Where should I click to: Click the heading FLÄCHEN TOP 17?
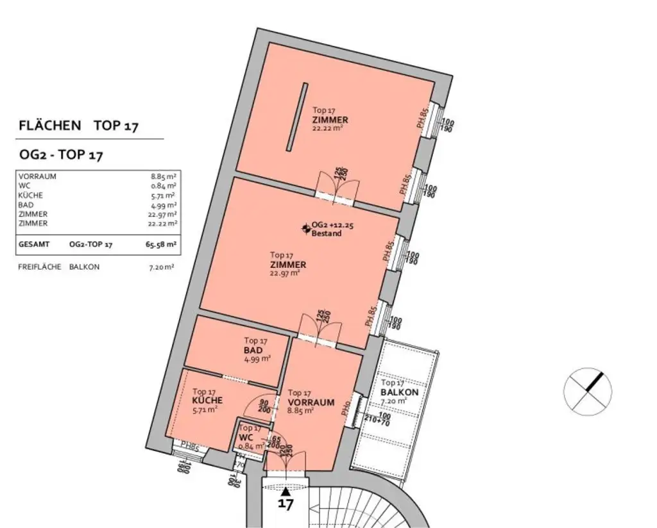[79, 126]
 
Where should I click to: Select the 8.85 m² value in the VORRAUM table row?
[164, 176]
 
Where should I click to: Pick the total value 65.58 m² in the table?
[162, 245]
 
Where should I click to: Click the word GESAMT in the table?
[33, 245]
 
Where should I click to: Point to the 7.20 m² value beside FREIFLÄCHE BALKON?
[161, 267]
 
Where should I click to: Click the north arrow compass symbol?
[587, 391]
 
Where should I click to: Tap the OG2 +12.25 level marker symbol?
[305, 227]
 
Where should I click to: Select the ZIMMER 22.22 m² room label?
[330, 120]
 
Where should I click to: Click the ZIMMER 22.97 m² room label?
[287, 264]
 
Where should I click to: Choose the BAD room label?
[253, 351]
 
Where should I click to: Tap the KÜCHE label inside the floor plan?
[206, 400]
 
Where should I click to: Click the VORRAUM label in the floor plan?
[311, 402]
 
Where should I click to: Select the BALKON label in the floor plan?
[399, 392]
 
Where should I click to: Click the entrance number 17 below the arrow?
[286, 504]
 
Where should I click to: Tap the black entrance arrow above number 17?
[286, 490]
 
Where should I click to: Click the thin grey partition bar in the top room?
[296, 118]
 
